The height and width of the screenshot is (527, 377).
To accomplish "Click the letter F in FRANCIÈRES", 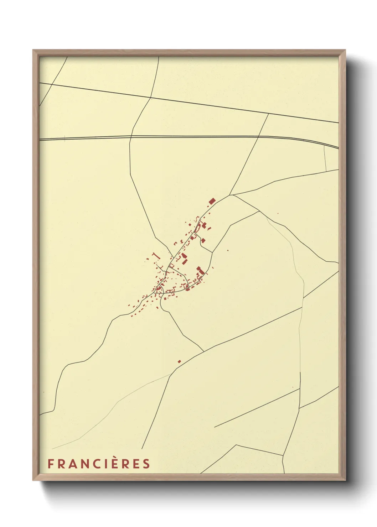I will pyautogui.click(x=51, y=464).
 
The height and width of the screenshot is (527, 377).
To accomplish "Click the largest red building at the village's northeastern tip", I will pyautogui.click(x=212, y=201).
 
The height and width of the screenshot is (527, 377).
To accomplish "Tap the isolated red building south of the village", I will pyautogui.click(x=179, y=361).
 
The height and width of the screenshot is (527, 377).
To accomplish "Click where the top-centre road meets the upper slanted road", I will pyautogui.click(x=151, y=97).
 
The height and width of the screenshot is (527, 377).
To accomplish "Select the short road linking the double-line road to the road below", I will pyautogui.click(x=325, y=158).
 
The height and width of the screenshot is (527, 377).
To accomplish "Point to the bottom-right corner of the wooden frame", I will pyautogui.click(x=345, y=480).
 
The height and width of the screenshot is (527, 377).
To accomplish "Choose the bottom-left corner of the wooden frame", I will pyautogui.click(x=33, y=480).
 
